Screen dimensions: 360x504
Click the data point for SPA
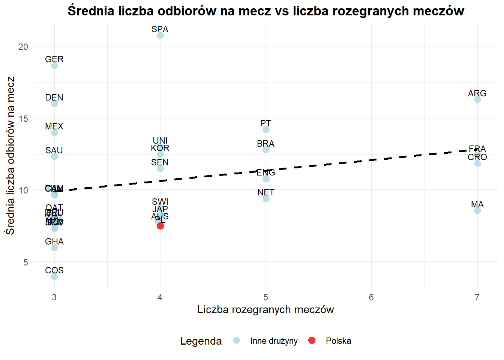click(160, 35)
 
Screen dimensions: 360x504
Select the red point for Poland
click(160, 226)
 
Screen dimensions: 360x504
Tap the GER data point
click(54, 66)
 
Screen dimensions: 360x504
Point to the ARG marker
click(477, 99)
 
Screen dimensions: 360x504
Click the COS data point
click(54, 276)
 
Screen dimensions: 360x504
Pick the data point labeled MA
click(477, 210)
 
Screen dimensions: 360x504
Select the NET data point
click(266, 198)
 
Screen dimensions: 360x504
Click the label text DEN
click(54, 97)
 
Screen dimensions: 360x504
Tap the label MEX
click(54, 126)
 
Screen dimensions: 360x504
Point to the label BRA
click(265, 144)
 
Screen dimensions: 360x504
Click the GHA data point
click(54, 247)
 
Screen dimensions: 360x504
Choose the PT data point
click(266, 129)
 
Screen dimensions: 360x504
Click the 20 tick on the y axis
click(23, 46)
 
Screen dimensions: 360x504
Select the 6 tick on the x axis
click(371, 297)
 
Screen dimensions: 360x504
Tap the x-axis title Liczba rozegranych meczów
click(265, 310)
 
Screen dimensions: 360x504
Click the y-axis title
click(10, 156)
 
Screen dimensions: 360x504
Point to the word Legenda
click(201, 341)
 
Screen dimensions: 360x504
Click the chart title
click(265, 11)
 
